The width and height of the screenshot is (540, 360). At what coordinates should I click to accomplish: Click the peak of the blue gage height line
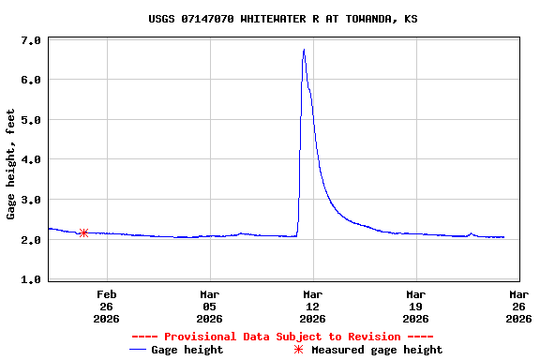pyautogui.click(x=304, y=50)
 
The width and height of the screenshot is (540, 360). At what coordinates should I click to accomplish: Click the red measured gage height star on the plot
pyautogui.click(x=83, y=232)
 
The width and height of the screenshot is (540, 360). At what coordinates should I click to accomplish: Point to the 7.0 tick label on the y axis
pyautogui.click(x=30, y=41)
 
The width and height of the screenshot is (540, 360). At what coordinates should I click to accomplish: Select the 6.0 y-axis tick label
pyautogui.click(x=30, y=81)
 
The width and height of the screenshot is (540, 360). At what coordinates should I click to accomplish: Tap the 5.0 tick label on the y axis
pyautogui.click(x=30, y=121)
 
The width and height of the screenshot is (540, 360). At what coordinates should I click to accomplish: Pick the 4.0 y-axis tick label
pyautogui.click(x=30, y=160)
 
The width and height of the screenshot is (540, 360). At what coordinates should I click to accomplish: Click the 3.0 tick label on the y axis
pyautogui.click(x=30, y=201)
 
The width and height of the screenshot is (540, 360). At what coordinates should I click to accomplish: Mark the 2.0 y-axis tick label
pyautogui.click(x=30, y=240)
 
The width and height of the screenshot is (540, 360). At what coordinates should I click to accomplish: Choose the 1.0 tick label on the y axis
pyautogui.click(x=30, y=280)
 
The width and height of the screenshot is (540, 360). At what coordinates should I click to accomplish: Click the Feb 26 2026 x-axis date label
pyautogui.click(x=106, y=307)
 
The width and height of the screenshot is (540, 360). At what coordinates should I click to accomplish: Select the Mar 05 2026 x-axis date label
pyautogui.click(x=209, y=307)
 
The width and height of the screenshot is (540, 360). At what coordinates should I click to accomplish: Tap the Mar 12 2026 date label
pyautogui.click(x=312, y=307)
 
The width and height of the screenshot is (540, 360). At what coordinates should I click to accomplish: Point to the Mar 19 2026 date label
pyautogui.click(x=415, y=307)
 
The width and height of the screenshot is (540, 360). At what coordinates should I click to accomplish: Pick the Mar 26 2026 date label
pyautogui.click(x=518, y=307)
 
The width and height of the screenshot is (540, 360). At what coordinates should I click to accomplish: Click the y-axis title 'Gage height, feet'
pyautogui.click(x=11, y=164)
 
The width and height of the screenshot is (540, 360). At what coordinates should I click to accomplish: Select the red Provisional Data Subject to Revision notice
pyautogui.click(x=282, y=337)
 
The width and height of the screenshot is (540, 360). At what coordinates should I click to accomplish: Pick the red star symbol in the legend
pyautogui.click(x=299, y=350)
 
